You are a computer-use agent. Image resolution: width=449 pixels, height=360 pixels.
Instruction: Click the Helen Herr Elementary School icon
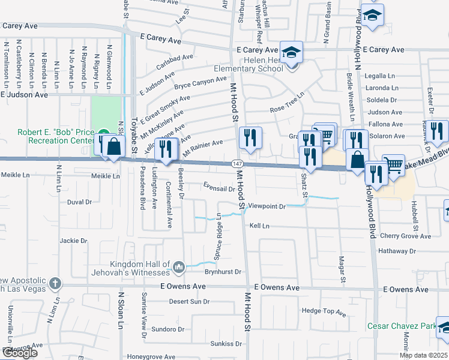point(292,52)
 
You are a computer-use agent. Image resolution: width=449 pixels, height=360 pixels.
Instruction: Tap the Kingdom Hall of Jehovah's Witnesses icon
point(178,266)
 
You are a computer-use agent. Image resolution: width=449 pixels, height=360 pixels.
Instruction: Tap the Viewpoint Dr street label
point(267,206)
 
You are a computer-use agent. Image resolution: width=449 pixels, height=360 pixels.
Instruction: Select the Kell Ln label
point(259,226)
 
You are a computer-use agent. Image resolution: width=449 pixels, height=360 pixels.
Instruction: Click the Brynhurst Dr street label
point(221,271)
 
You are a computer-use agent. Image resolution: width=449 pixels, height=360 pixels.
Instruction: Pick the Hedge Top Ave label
point(324,312)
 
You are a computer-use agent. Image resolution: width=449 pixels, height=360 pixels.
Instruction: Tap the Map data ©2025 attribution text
point(424,355)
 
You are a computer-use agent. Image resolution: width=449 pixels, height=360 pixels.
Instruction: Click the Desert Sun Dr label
point(189,301)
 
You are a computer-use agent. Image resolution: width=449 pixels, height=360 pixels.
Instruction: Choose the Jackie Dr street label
point(73,241)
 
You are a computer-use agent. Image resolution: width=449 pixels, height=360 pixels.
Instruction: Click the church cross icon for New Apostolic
point(55,283)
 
